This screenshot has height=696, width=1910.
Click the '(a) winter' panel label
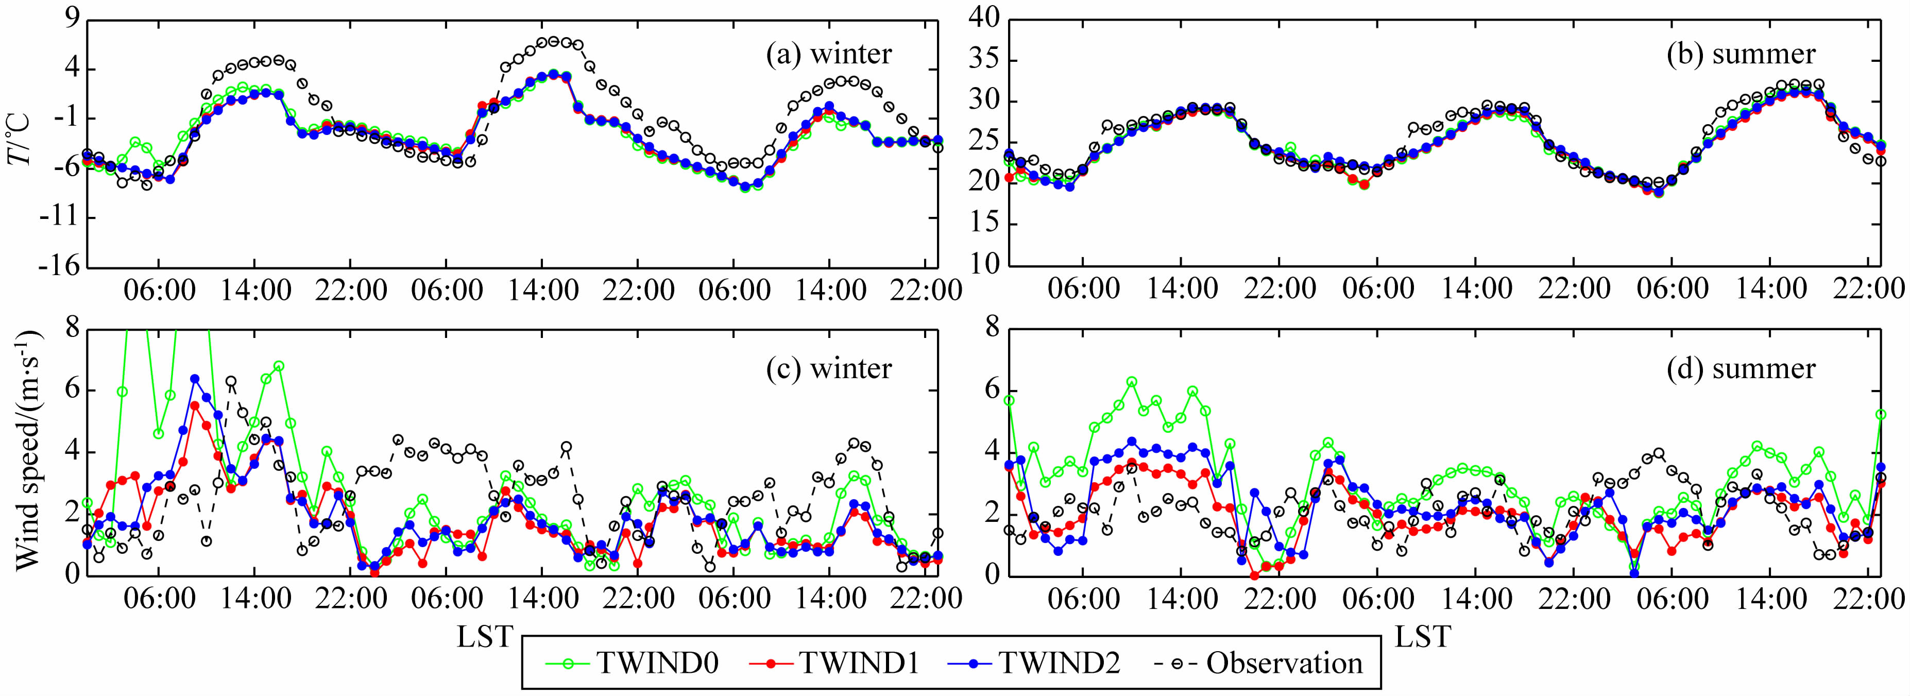point(828,54)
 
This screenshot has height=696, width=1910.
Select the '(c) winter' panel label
point(828,368)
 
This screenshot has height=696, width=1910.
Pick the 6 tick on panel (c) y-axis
point(73,391)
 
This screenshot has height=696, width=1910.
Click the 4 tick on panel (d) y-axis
point(992,452)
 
